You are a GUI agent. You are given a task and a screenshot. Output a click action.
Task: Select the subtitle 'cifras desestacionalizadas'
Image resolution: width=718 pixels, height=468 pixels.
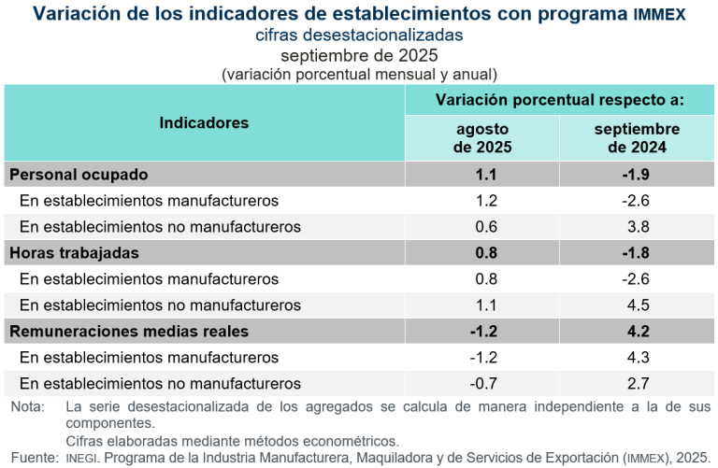point(359,35)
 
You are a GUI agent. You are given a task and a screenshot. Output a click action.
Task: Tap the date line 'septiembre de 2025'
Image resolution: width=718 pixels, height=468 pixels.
point(359,55)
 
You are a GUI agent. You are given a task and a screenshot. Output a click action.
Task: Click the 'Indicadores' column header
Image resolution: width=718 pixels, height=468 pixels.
point(204,123)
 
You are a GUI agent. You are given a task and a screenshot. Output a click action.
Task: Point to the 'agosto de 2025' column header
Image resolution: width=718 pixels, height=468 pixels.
point(482,138)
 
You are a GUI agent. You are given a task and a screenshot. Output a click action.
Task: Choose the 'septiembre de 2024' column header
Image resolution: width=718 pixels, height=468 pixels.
point(637,138)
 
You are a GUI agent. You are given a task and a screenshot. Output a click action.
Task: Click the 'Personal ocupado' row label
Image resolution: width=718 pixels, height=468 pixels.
point(79,175)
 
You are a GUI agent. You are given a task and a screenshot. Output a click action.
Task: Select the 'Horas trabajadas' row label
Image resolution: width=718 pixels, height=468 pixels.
point(74,252)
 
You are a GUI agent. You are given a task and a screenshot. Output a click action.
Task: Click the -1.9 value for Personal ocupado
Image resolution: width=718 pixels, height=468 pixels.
point(636,175)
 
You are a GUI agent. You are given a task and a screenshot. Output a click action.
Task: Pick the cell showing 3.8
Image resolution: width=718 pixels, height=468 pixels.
point(638,226)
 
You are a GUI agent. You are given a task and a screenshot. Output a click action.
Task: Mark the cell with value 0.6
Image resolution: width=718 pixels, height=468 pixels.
point(482,226)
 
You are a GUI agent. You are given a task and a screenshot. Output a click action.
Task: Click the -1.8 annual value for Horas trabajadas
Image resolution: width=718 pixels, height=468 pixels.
point(636,252)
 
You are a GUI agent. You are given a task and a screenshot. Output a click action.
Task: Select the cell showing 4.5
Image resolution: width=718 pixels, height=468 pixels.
point(638,305)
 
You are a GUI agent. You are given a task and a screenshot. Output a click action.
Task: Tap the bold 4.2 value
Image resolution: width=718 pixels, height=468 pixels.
point(638,331)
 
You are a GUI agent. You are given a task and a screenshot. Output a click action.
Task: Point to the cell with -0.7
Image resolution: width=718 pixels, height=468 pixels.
point(482,383)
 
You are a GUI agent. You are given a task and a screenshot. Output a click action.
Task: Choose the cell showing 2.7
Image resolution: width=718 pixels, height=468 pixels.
point(638,383)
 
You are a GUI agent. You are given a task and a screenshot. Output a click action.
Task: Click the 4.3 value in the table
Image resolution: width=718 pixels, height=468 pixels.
point(638,357)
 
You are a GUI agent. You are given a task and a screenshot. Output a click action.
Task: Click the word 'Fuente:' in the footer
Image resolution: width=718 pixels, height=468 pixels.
point(32,458)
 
